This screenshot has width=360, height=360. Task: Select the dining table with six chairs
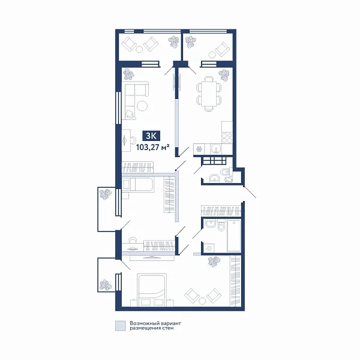209,94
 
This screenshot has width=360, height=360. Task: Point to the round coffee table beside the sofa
143,106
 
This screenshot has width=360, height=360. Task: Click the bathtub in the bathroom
233,235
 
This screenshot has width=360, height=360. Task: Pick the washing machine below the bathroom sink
209,246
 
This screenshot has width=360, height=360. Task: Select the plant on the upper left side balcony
106,195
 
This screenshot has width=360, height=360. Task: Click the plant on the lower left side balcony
106,283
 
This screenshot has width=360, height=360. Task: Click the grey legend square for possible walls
121,326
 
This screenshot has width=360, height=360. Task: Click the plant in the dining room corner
224,75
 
